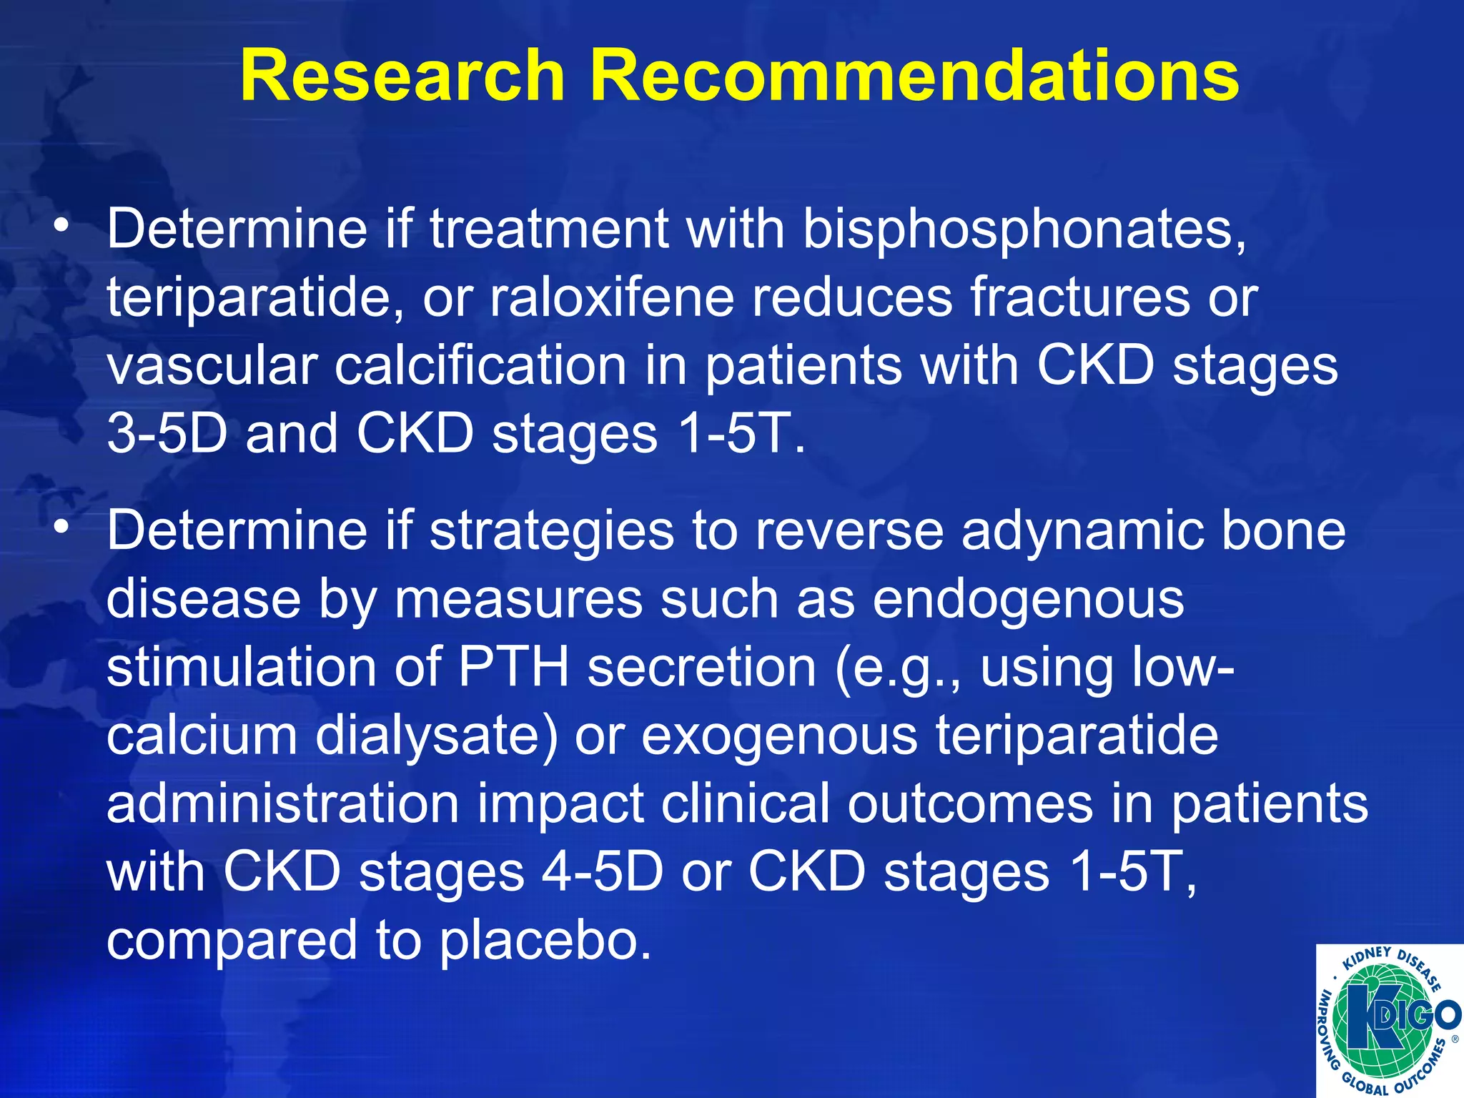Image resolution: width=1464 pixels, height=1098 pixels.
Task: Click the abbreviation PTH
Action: click(513, 668)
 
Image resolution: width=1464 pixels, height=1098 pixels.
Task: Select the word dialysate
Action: click(436, 736)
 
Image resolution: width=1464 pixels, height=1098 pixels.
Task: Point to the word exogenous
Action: click(779, 736)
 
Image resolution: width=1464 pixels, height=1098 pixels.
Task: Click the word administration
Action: click(282, 804)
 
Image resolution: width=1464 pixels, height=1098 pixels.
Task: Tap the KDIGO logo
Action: click(1389, 1020)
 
